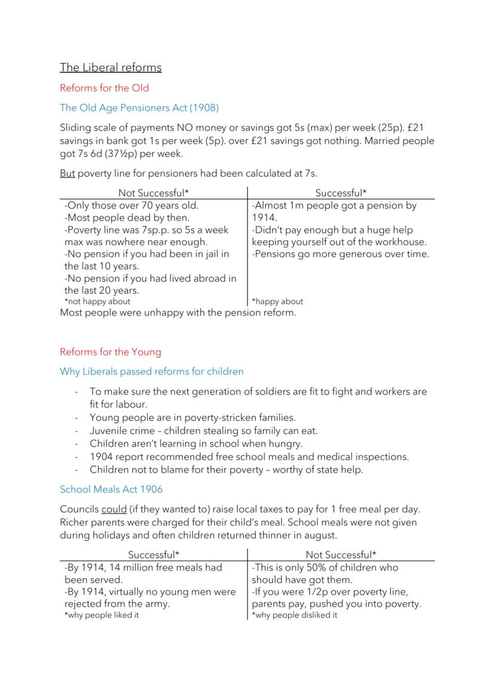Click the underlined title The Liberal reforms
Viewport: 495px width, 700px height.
pos(111,68)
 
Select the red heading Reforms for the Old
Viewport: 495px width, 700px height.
pos(104,88)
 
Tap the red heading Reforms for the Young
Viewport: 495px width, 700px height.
pos(110,352)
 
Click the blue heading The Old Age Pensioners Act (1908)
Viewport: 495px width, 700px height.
pos(139,108)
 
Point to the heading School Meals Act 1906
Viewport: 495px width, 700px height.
pos(111,490)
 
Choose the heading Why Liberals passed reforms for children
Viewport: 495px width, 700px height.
pos(151,372)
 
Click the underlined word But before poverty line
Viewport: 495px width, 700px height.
pos(67,174)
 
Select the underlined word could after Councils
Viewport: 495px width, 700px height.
pos(114,510)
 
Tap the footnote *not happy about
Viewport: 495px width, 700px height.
pos(97,302)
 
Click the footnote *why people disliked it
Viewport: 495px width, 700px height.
pos(294,615)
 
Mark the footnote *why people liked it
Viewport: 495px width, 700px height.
pos(102,615)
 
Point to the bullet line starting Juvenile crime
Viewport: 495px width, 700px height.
pos(203,431)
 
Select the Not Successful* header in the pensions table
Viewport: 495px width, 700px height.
pos(153,193)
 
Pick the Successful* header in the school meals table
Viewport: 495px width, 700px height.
pos(153,555)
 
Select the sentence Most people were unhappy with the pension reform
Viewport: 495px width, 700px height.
pos(178,313)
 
